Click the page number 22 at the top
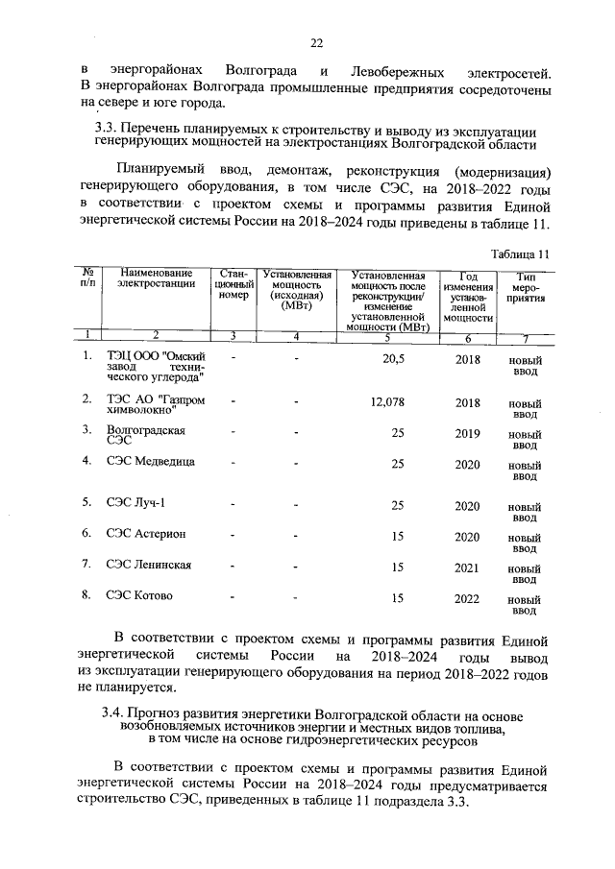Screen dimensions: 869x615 [x=316, y=42]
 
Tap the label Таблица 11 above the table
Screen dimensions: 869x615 [x=519, y=253]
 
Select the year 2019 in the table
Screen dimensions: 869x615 [x=467, y=433]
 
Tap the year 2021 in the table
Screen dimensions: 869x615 [x=467, y=567]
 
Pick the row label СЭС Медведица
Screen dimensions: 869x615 [x=151, y=462]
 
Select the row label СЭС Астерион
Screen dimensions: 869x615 [x=146, y=534]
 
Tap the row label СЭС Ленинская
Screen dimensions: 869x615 [x=149, y=565]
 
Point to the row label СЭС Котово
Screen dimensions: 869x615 [x=140, y=595]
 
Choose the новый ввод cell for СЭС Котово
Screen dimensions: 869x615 [x=524, y=604]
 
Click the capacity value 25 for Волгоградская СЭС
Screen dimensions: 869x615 [x=397, y=433]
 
